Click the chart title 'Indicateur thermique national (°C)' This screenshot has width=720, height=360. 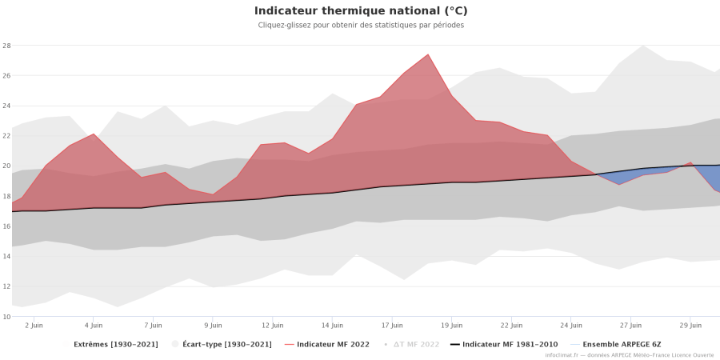[x=361, y=11]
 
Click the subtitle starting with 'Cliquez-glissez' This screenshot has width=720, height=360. [x=361, y=26]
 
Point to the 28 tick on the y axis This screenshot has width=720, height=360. [x=6, y=46]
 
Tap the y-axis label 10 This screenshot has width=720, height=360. [x=6, y=317]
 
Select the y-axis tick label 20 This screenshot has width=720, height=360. [x=6, y=166]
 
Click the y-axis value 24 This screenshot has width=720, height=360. [x=6, y=106]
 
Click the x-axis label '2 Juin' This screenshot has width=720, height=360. [x=34, y=326]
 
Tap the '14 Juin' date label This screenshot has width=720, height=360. [x=332, y=326]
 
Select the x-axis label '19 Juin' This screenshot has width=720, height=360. [x=452, y=326]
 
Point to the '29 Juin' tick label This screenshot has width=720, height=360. [x=690, y=326]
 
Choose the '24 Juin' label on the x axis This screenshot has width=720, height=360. [x=571, y=326]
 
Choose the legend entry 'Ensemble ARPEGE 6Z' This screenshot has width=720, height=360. [x=621, y=344]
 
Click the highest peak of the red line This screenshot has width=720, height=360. [x=428, y=54]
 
